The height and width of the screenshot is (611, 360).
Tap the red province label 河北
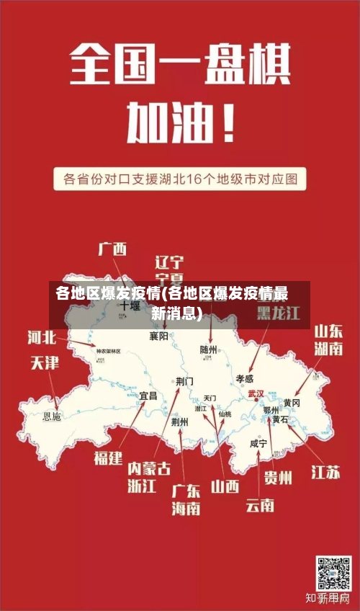coord(42,336)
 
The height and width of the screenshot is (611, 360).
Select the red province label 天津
coord(44,362)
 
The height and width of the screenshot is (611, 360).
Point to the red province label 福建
coord(108,458)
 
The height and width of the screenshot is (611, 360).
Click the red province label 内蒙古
coord(149,468)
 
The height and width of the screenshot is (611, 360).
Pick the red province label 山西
coord(225,486)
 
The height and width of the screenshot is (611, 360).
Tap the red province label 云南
coord(259,505)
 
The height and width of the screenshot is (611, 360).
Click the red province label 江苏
coord(325,473)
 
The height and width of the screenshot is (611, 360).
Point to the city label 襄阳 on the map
coord(159,336)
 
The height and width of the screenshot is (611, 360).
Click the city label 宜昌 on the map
coord(148,396)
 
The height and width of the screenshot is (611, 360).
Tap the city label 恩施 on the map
coord(53,416)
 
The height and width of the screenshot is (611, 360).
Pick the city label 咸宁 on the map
coord(258,444)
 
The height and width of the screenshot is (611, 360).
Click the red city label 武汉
coord(256,394)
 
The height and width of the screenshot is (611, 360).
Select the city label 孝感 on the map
coord(245,378)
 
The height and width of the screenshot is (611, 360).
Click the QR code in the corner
coord(333,573)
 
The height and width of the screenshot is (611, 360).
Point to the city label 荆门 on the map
coord(184,380)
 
